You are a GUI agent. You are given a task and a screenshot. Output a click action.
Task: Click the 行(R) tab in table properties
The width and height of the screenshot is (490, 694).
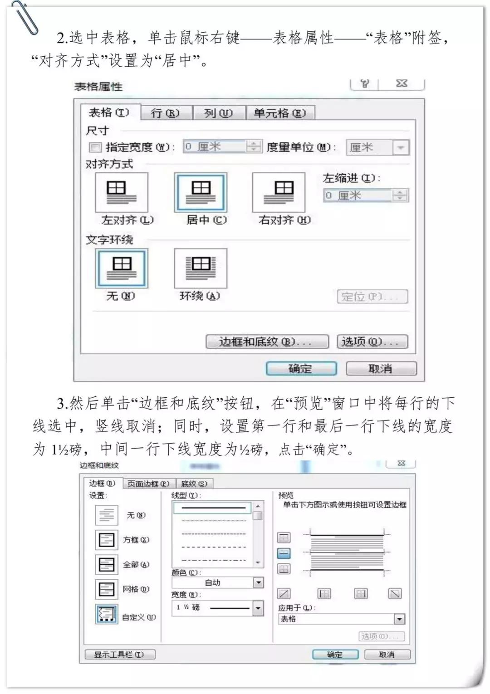(x=166, y=113)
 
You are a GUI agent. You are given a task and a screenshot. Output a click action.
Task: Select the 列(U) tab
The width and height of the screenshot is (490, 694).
(x=219, y=113)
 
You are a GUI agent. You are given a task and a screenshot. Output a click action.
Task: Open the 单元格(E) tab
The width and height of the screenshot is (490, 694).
(x=279, y=113)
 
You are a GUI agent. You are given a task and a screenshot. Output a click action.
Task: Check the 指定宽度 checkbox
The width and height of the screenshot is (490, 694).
(x=95, y=147)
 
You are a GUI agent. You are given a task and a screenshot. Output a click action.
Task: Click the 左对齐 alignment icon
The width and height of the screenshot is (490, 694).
(x=121, y=192)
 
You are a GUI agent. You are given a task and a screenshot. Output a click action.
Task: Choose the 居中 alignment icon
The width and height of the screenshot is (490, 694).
(x=201, y=192)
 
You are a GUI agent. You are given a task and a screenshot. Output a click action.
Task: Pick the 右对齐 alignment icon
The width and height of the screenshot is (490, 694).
(x=279, y=192)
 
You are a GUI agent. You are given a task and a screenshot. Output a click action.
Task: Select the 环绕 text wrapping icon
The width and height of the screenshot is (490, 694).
(x=201, y=268)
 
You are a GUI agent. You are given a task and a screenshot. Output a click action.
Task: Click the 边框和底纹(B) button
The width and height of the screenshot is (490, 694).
(x=267, y=342)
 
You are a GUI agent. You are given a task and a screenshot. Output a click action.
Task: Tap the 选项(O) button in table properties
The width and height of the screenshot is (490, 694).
(x=372, y=342)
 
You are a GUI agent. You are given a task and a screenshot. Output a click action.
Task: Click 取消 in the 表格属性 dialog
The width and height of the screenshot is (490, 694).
(x=381, y=369)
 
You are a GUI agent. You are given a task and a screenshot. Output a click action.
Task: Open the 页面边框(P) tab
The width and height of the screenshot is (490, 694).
(x=148, y=484)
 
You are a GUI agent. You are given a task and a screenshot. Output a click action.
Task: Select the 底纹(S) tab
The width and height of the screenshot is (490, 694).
(x=194, y=484)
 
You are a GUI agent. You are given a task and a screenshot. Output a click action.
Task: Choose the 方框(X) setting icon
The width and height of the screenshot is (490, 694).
(x=107, y=540)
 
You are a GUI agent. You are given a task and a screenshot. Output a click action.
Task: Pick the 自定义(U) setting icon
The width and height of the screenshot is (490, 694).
(x=107, y=614)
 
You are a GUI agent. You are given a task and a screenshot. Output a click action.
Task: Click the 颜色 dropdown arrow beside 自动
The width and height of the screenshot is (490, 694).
(x=258, y=582)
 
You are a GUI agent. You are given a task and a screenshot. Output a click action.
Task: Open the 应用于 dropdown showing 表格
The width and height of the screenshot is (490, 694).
(x=399, y=619)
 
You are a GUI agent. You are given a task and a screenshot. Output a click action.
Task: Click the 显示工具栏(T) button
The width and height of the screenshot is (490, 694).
(x=120, y=655)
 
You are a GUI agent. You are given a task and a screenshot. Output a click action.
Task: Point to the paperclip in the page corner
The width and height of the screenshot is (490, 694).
(x=25, y=18)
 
